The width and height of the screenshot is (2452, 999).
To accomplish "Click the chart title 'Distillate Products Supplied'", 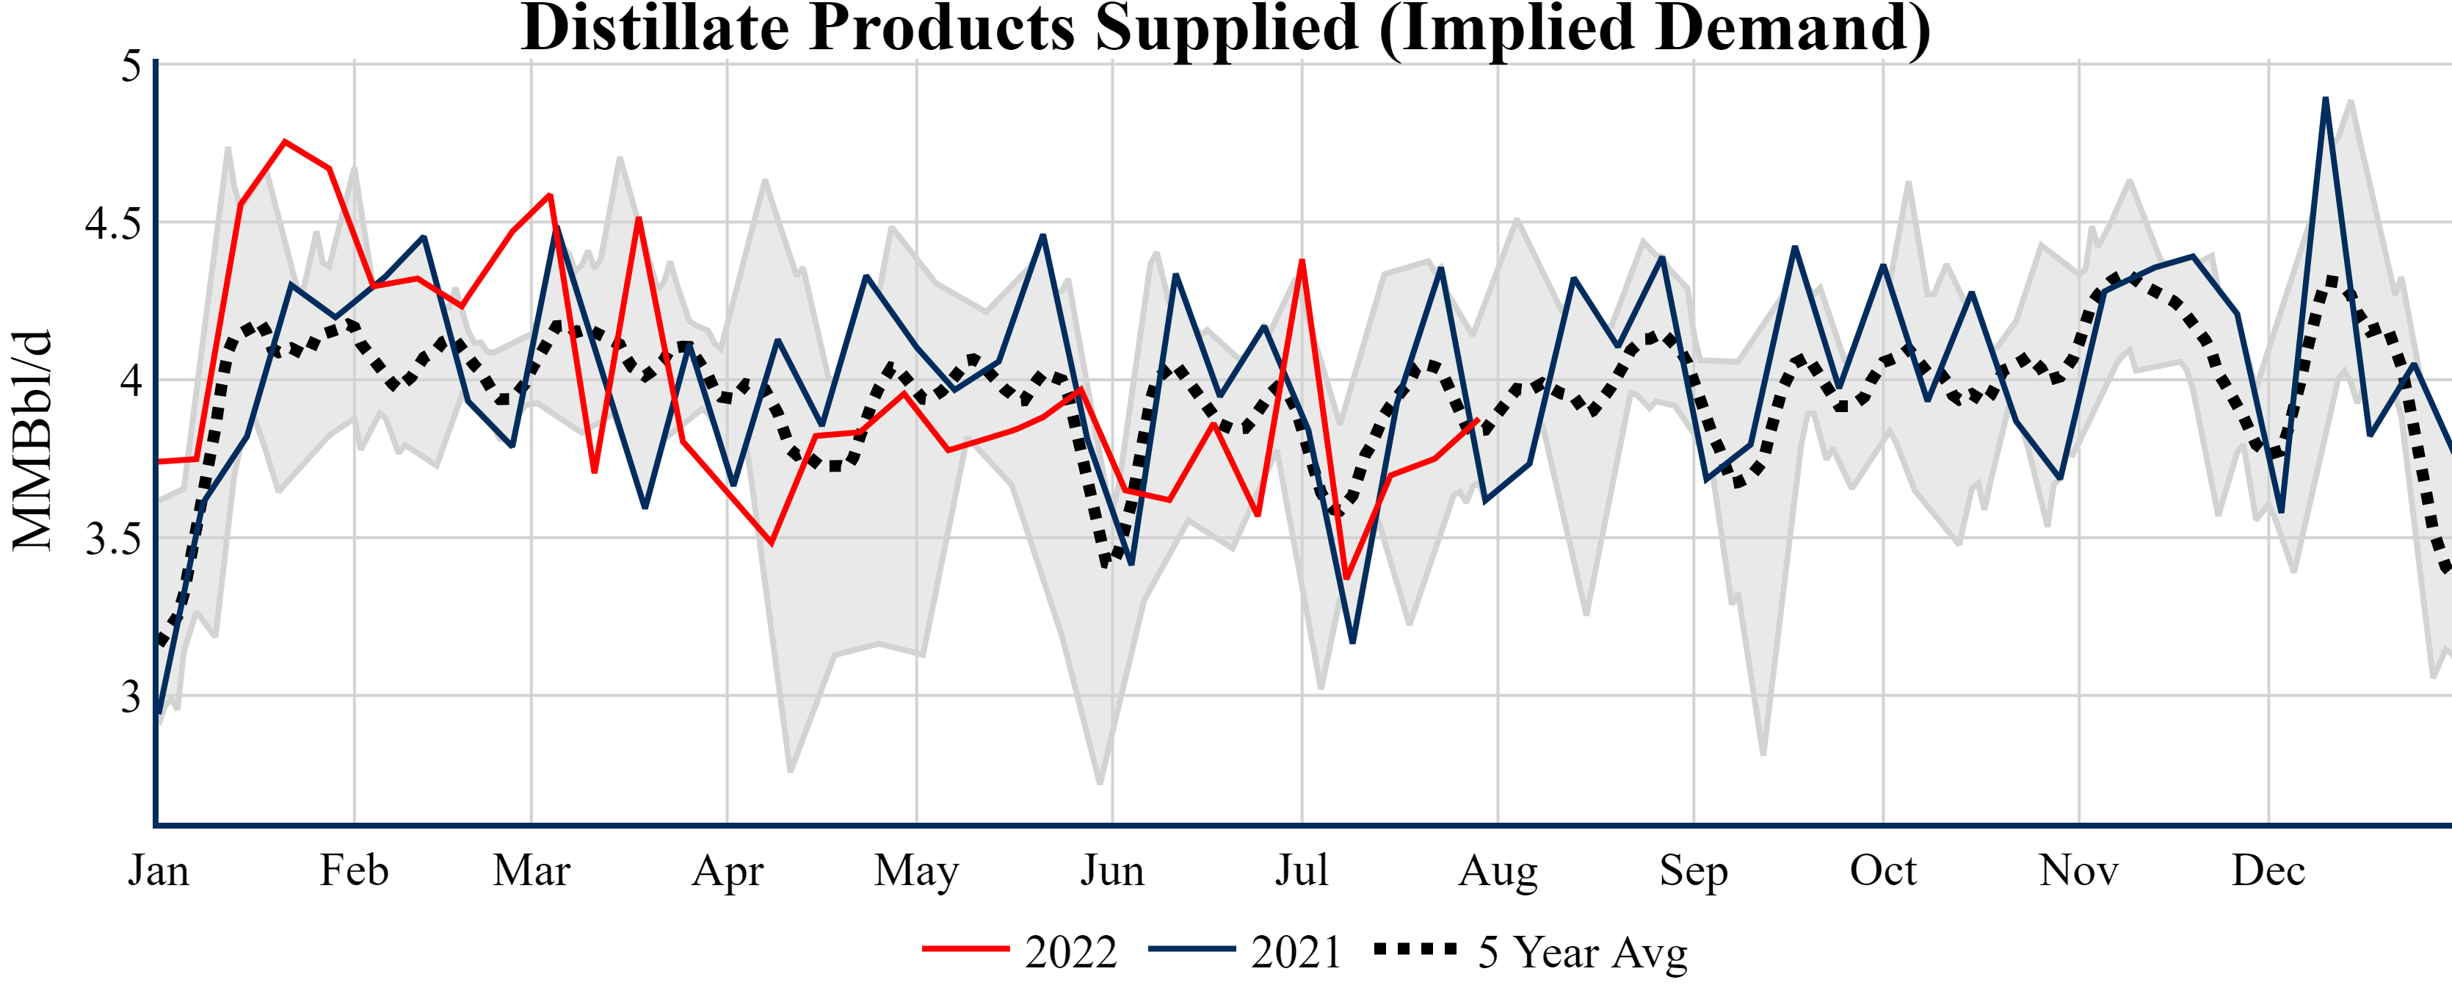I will click(1226, 29).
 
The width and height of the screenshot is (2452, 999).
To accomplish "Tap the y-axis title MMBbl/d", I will click(32, 440).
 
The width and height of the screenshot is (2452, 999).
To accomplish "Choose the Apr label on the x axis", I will click(728, 870).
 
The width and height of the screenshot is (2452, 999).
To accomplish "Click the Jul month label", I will click(1301, 870).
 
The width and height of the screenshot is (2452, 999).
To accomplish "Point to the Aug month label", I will click(1498, 870).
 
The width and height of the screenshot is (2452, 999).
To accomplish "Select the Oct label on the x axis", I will click(1883, 870).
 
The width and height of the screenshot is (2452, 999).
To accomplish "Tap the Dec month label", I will click(2268, 870).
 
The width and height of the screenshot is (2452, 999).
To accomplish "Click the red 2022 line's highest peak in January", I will click(285, 142).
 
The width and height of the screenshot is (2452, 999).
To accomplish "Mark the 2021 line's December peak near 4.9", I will click(2326, 99).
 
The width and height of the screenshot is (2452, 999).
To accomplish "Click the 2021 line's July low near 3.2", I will click(1352, 642).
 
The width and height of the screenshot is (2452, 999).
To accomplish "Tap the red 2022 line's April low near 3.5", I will click(771, 544).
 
